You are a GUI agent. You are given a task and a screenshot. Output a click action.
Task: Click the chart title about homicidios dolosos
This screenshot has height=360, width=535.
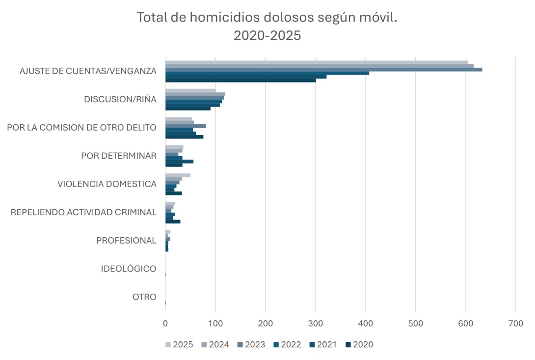[267, 18]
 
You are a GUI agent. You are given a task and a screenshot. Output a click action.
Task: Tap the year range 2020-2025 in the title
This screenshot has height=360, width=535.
[267, 36]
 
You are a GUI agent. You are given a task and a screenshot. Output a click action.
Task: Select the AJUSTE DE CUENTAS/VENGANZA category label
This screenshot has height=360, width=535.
[88, 71]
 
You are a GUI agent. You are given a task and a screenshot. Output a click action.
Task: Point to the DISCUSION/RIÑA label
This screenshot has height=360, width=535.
[120, 100]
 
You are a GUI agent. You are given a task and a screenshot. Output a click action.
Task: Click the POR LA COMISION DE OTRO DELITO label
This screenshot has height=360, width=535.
[81, 128]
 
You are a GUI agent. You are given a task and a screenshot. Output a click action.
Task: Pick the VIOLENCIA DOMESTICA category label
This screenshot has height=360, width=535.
[107, 184]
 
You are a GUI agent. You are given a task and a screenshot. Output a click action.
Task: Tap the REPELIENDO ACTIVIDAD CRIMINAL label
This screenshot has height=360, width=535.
[83, 212]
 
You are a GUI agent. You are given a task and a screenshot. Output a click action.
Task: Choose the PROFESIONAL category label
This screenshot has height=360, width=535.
[126, 241]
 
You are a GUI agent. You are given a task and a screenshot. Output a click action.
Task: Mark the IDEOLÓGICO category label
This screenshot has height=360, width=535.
[129, 269]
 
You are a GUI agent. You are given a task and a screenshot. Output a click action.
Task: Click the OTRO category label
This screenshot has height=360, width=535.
[144, 297]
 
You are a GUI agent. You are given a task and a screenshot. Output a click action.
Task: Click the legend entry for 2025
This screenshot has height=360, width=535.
[179, 344]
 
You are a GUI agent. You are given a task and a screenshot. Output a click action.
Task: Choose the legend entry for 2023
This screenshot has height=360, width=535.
[251, 344]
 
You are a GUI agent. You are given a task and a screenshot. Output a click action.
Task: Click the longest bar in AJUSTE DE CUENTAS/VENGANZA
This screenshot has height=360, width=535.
[323, 69]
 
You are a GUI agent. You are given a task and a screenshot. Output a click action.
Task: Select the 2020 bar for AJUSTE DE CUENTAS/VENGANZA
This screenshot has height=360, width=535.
[241, 80]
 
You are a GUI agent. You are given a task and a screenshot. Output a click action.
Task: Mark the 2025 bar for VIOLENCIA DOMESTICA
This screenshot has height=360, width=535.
[178, 175]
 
